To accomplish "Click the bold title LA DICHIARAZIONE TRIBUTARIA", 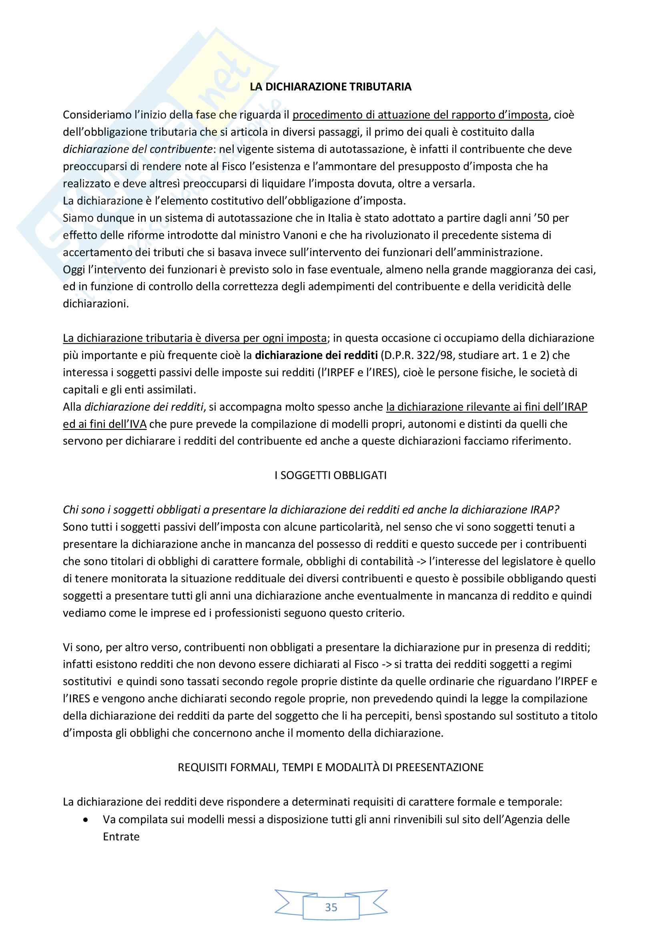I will (x=330, y=87).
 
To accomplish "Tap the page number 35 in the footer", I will (x=331, y=907).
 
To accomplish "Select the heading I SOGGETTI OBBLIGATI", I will (x=330, y=475).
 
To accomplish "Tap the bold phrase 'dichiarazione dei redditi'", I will (x=316, y=355).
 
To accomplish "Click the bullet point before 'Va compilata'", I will (x=85, y=820).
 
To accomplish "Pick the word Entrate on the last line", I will (x=121, y=836).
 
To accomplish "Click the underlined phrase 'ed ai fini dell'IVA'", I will (x=104, y=424).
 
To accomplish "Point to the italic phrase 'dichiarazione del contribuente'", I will (x=137, y=149).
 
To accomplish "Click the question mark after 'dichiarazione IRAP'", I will (x=557, y=509).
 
